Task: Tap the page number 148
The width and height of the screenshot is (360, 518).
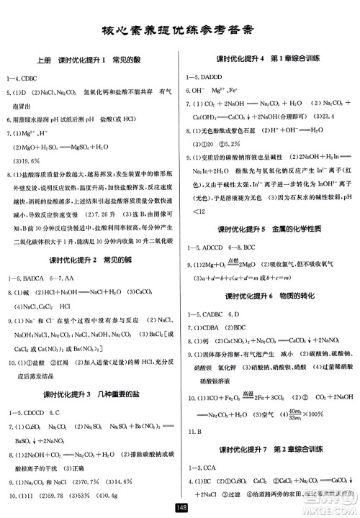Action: [x=180, y=509]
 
